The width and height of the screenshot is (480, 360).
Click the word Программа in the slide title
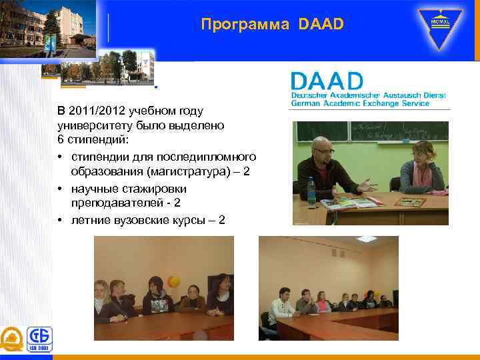[244, 25]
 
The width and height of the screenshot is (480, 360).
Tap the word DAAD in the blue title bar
[321, 25]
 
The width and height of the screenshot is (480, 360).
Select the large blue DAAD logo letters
[327, 81]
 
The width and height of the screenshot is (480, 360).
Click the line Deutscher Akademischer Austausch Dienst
[368, 95]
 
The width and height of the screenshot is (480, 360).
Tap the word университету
[92, 125]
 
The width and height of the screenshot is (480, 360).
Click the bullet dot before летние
[61, 219]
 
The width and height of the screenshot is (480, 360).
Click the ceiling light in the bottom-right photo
[365, 239]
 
